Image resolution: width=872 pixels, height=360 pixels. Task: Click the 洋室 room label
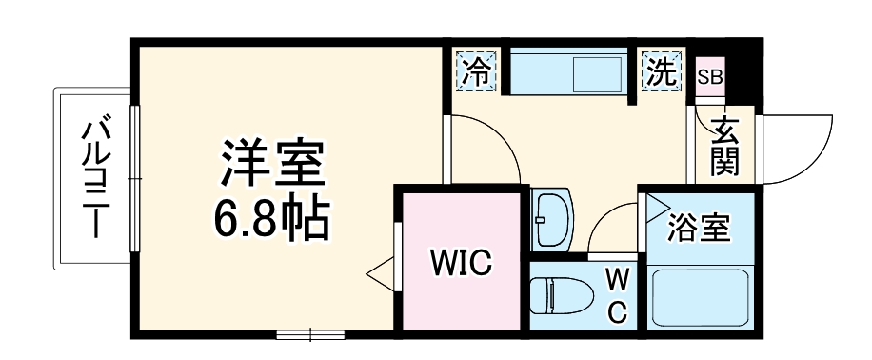pyautogui.click(x=274, y=163)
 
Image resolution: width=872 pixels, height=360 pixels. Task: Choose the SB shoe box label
pyautogui.click(x=709, y=76)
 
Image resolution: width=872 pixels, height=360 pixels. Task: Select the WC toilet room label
pyautogui.click(x=618, y=295)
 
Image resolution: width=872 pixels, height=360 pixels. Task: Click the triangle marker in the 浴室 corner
pyautogui.click(x=658, y=203)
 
